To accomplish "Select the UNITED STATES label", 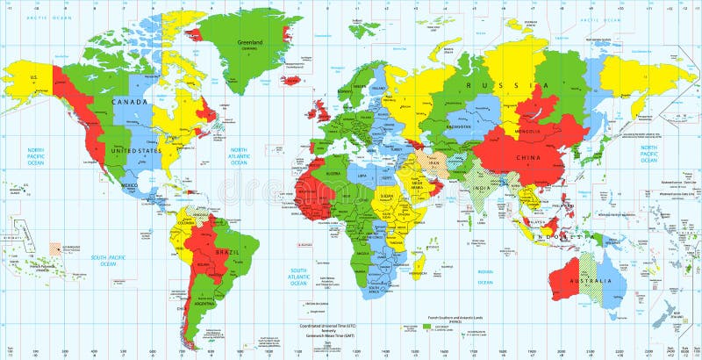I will [x=134, y=150].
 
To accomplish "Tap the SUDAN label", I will [x=387, y=196].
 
